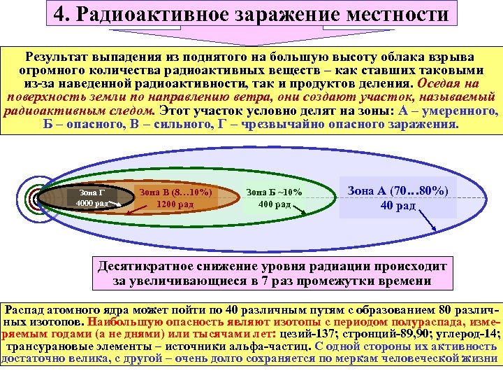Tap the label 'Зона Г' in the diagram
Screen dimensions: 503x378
(x=92, y=192)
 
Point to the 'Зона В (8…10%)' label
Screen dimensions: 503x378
(x=175, y=190)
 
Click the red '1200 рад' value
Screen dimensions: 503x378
(x=175, y=204)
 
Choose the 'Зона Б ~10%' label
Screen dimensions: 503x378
(x=274, y=192)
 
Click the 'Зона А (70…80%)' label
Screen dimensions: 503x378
(x=398, y=190)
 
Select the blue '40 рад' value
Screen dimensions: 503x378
(x=398, y=205)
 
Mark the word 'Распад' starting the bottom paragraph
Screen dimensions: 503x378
(x=25, y=309)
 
